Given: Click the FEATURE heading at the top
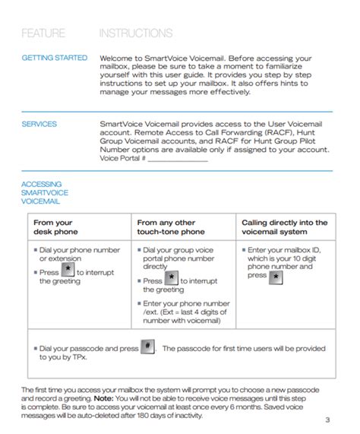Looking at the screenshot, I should tap(43, 33).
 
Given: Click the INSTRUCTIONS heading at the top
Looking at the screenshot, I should tap(136, 33).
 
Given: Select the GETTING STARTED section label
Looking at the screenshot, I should tap(55, 58).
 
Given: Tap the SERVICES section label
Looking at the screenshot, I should tap(39, 124).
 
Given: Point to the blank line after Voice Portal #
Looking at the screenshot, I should tap(178, 159).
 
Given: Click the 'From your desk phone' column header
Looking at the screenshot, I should tap(54, 227).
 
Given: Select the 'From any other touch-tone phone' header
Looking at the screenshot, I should tap(171, 227).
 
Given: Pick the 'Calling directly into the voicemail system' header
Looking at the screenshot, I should tap(285, 227).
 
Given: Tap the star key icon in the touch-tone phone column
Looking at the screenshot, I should tap(172, 279).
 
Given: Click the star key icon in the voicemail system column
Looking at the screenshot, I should tap(276, 277).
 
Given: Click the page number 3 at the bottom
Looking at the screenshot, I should tap(327, 420).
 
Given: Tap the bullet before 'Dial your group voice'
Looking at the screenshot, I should tap(139, 250).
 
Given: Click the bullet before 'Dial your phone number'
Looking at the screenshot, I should tap(35, 250).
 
